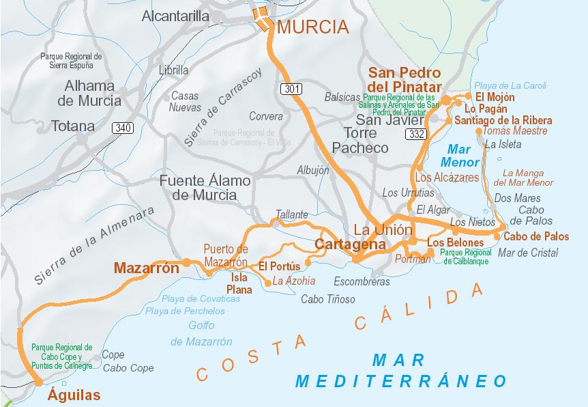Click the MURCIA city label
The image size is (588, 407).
pyautogui.click(x=312, y=27)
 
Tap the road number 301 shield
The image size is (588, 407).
pyautogui.click(x=289, y=89)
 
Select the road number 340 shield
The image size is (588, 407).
pyautogui.click(x=123, y=128)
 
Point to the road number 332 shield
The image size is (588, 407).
pyautogui.click(x=415, y=135)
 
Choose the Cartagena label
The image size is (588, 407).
pyautogui.click(x=350, y=244)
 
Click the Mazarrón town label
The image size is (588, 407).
pyautogui.click(x=146, y=268)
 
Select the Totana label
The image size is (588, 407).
pyautogui.click(x=73, y=126)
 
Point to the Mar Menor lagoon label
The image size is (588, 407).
pyautogui.click(x=460, y=156)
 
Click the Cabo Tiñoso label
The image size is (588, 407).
pyautogui.click(x=328, y=299)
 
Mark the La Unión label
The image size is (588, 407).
pyautogui.click(x=383, y=229)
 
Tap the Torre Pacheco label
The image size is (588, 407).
pyautogui.click(x=359, y=140)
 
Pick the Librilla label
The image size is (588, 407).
pyautogui.click(x=173, y=70)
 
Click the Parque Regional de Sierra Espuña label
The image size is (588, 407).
pyautogui.click(x=71, y=61)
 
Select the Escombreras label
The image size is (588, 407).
pyautogui.click(x=362, y=281)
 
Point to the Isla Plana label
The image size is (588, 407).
pyautogui.click(x=239, y=283)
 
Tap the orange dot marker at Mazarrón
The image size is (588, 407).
pyautogui.click(x=186, y=262)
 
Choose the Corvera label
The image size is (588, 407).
pyautogui.click(x=265, y=116)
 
